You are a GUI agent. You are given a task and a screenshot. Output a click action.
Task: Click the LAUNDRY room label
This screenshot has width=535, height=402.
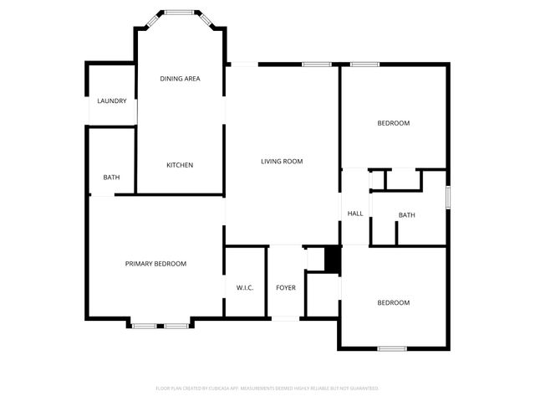pyautogui.click(x=111, y=101)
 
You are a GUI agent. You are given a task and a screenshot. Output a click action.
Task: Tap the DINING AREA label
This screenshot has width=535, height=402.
pyautogui.click(x=180, y=79)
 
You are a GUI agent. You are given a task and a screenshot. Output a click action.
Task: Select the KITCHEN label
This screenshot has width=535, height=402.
pyautogui.click(x=180, y=165)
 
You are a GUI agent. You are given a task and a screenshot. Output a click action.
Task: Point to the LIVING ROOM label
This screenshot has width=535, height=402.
pyautogui.click(x=282, y=162)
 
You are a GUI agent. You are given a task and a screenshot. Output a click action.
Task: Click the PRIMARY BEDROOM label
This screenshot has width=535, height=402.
pyautogui.click(x=155, y=264)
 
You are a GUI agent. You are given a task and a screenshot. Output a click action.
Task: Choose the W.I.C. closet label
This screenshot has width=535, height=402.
pyautogui.click(x=245, y=288)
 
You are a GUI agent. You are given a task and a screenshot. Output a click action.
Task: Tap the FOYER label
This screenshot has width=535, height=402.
pyautogui.click(x=286, y=288)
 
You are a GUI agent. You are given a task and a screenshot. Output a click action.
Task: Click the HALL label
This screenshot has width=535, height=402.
pyautogui.click(x=355, y=214)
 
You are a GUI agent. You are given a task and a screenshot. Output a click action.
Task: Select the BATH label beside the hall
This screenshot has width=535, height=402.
pyautogui.click(x=406, y=215)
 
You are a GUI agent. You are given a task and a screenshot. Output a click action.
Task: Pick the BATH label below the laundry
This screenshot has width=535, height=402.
pyautogui.click(x=111, y=178)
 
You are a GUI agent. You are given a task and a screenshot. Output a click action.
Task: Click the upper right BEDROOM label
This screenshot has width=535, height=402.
pyautogui.click(x=394, y=123)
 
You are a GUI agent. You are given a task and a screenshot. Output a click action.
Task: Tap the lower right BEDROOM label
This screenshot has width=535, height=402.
pyautogui.click(x=393, y=302)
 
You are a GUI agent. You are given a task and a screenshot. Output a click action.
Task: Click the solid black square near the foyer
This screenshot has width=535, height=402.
pyautogui.click(x=333, y=260)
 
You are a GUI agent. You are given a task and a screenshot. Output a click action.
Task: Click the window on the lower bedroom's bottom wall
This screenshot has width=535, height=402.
pyautogui.click(x=392, y=348)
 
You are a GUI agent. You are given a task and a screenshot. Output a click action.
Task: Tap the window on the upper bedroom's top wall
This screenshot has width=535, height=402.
pyautogui.click(x=365, y=64)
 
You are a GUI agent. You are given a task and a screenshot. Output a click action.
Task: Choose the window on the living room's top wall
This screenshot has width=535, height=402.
pyautogui.click(x=316, y=64)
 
